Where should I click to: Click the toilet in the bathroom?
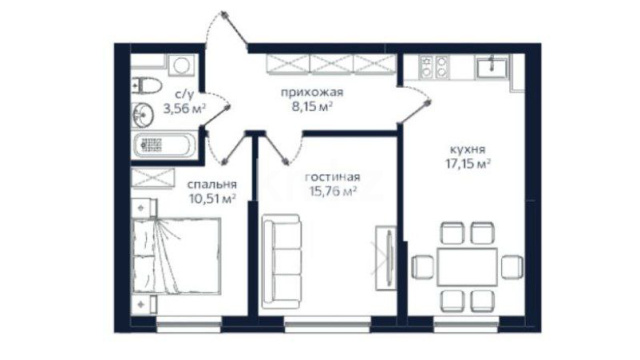[147, 85]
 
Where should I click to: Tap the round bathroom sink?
[142, 114]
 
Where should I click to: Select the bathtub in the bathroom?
[164, 145]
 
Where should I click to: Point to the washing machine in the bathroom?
[182, 65]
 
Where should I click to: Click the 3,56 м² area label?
[184, 109]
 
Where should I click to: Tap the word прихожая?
[312, 93]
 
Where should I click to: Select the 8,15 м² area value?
[312, 107]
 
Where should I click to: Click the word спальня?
[212, 184]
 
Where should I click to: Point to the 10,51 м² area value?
[213, 199]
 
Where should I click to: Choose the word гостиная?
[333, 177]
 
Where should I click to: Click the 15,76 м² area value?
[333, 191]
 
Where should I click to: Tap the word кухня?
[468, 149]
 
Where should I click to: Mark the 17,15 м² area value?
[468, 164]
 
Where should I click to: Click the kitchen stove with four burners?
[434, 67]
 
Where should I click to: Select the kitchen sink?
[492, 67]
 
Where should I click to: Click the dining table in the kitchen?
[467, 267]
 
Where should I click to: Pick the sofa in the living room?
[282, 262]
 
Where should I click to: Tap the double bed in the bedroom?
[177, 256]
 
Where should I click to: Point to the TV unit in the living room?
[386, 258]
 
